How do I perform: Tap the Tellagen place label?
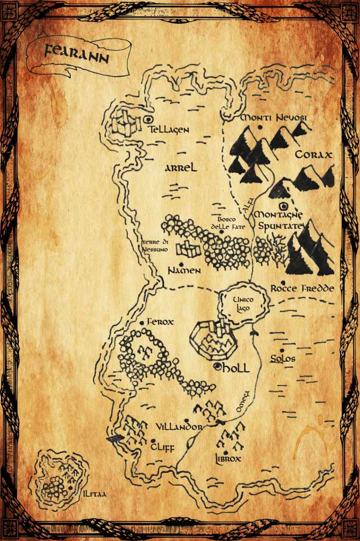168,129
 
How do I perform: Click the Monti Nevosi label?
273,117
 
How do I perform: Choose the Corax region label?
313,155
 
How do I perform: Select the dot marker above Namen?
181,263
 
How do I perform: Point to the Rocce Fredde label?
302,288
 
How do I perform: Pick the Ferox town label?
160,322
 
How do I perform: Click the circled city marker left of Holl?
217,367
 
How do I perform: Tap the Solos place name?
282,359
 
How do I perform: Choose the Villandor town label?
179,426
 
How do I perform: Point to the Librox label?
227,459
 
